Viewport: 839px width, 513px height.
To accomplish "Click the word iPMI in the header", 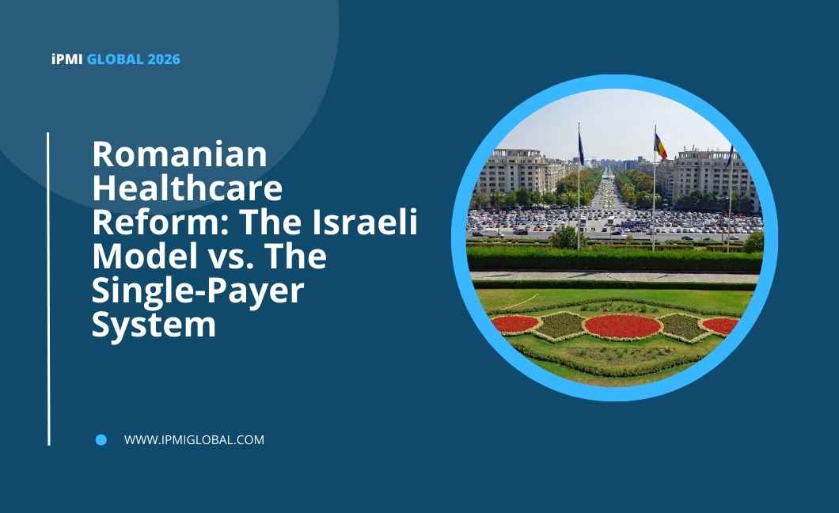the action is (x=67, y=59).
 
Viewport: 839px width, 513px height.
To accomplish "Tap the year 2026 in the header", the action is (x=165, y=59).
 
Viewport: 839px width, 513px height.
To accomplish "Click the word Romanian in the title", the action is (x=180, y=154).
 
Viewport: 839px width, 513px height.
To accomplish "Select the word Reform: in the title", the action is (x=161, y=222).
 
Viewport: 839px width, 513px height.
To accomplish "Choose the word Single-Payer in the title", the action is (x=198, y=292).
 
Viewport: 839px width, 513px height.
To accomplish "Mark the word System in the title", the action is (x=154, y=324).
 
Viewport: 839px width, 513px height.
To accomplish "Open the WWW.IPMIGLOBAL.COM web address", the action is (x=194, y=439).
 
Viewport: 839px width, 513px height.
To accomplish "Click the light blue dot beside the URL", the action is (x=101, y=439).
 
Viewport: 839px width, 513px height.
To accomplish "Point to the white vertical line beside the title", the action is (x=49, y=289).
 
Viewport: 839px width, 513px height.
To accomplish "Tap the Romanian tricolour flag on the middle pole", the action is (x=661, y=146).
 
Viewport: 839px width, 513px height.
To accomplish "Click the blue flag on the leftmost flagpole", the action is (x=582, y=147).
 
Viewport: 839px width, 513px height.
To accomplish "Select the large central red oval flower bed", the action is (x=623, y=326).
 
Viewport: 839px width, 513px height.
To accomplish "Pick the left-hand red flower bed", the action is (x=514, y=324).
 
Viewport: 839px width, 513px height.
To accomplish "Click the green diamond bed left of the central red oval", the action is (x=560, y=325).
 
